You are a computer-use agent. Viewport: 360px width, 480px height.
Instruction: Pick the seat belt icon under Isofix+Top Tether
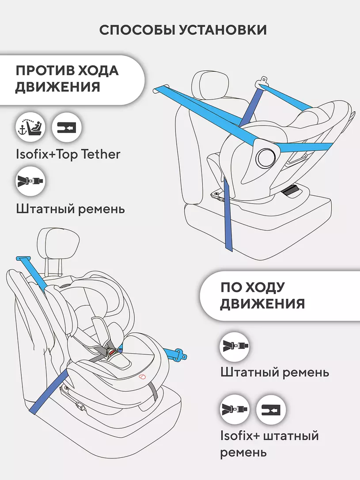click(x=31, y=181)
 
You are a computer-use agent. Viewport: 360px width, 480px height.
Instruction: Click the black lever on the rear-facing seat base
click(x=292, y=191)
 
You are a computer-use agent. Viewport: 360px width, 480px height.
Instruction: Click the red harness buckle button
click(x=112, y=351)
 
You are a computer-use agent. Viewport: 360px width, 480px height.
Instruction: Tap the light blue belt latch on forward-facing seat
click(x=179, y=353)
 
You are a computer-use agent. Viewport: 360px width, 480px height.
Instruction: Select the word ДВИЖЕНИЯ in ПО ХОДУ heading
click(x=262, y=304)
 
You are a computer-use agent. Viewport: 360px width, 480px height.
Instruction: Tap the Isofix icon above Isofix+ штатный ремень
click(x=271, y=409)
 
